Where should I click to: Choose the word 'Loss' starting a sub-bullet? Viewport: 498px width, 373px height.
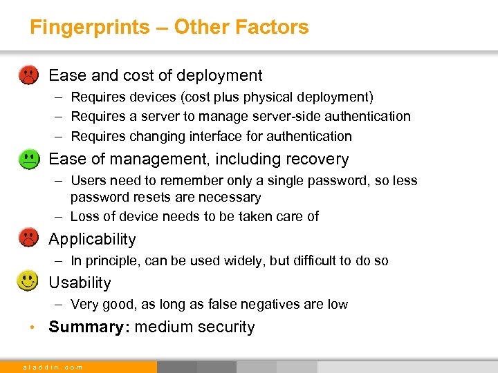85,216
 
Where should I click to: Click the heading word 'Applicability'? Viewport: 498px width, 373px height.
92,240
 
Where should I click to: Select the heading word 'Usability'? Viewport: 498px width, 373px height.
80,283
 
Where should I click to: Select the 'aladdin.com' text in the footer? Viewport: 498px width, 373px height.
53,367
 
